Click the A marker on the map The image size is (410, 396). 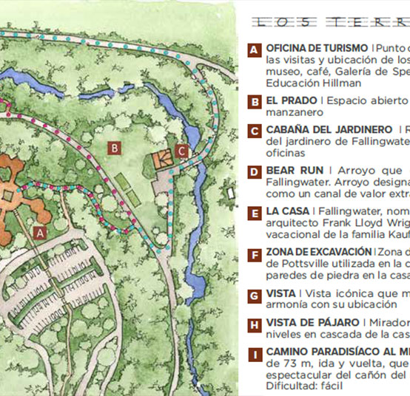pos(41,231)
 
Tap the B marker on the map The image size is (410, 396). pos(114,148)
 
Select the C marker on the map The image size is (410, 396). pos(182,153)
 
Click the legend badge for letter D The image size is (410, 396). pos(254,173)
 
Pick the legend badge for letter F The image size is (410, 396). pos(254,255)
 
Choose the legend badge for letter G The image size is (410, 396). pos(254,296)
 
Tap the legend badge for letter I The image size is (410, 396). pos(254,355)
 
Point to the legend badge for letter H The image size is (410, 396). pos(254,326)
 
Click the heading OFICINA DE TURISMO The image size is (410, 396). pos(317,48)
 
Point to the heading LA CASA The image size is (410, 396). pos(287,211)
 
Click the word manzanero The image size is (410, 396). pos(295,112)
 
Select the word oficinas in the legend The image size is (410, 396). pos(286,153)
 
